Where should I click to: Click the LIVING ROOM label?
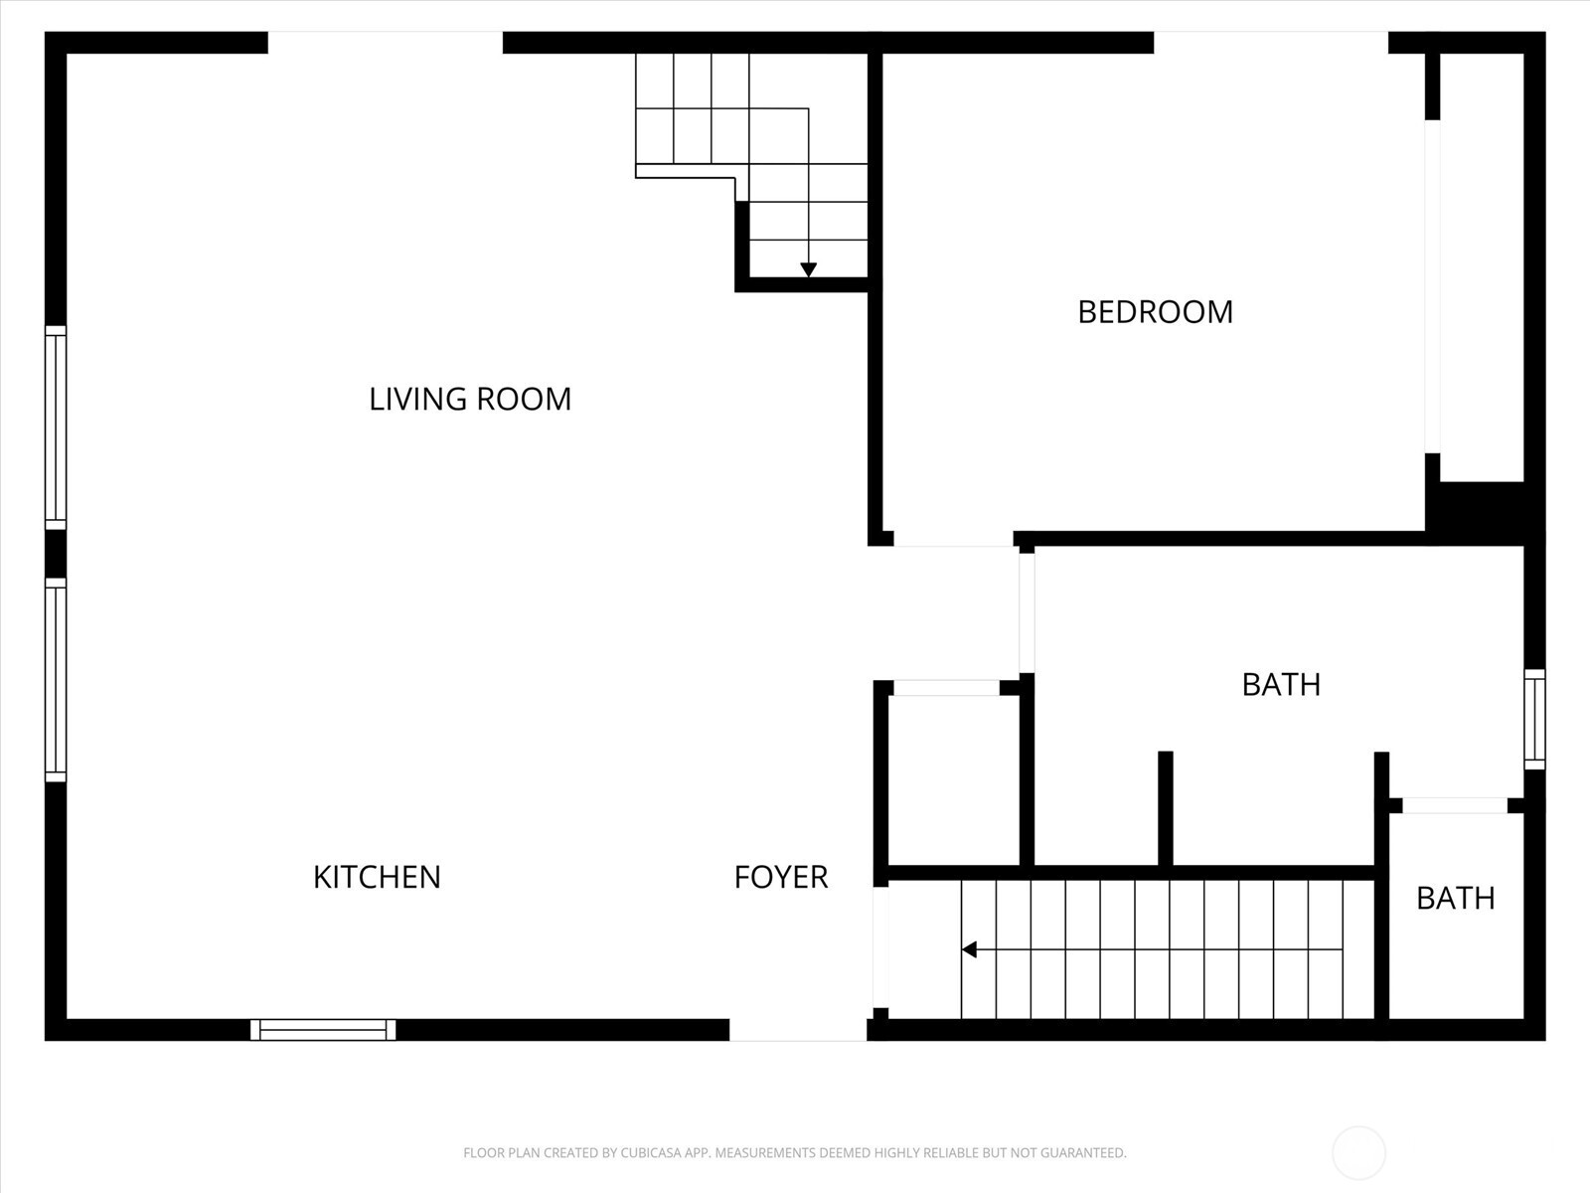click(470, 399)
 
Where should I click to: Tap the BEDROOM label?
click(1155, 312)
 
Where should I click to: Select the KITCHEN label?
click(377, 877)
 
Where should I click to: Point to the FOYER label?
click(781, 877)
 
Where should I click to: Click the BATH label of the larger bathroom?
click(1281, 685)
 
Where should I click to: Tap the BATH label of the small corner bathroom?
click(1455, 899)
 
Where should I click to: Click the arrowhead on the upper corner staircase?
click(808, 269)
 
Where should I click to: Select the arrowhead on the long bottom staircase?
click(970, 949)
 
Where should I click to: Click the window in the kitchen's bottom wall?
click(323, 1030)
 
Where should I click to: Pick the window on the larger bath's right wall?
click(1534, 719)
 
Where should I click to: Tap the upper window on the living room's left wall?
click(56, 427)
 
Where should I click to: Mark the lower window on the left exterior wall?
click(56, 680)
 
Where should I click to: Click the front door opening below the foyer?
click(798, 1030)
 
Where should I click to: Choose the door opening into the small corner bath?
click(1454, 804)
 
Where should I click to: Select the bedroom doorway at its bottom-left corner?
click(953, 539)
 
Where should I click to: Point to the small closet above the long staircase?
click(953, 780)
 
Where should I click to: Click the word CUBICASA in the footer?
click(655, 1153)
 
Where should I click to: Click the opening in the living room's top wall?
click(386, 43)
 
